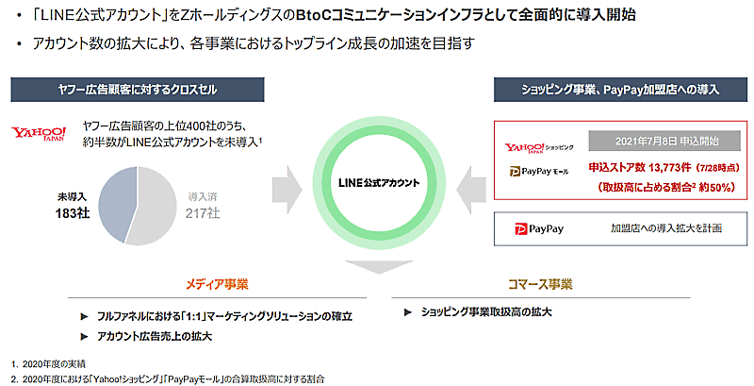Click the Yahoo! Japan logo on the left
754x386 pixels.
point(40,133)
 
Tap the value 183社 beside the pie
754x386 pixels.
point(73,213)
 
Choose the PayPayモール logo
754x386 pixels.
point(538,173)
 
